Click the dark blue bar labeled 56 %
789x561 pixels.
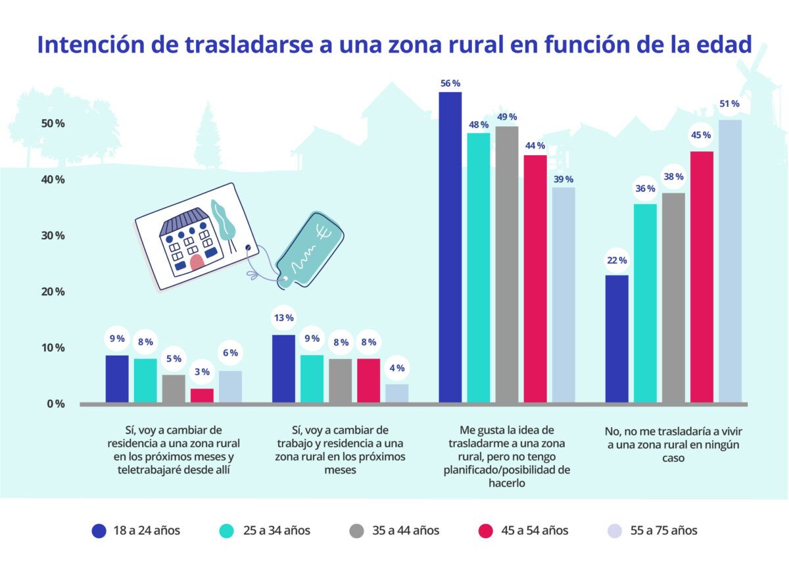point(450,247)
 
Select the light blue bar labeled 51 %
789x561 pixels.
point(729,260)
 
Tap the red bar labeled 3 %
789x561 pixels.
point(202,395)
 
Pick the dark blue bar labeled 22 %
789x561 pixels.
point(616,338)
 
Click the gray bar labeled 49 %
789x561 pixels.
point(506,264)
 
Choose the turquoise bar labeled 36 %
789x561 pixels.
point(644,303)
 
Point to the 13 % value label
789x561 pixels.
point(283,319)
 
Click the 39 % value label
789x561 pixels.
point(563,179)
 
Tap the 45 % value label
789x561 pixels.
point(701,135)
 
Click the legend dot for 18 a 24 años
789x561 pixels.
point(99,530)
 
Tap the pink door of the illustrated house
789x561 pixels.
point(196,263)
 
